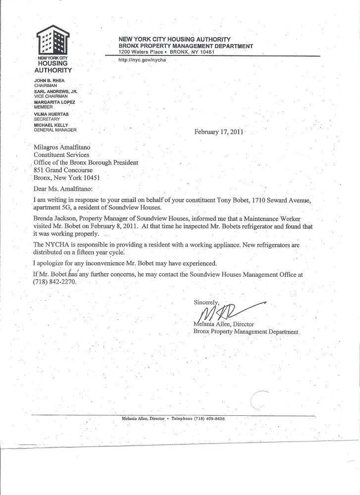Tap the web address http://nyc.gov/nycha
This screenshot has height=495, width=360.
click(141, 60)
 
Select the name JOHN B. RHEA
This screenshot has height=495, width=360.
click(49, 80)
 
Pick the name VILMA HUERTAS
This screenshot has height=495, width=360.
click(51, 114)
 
